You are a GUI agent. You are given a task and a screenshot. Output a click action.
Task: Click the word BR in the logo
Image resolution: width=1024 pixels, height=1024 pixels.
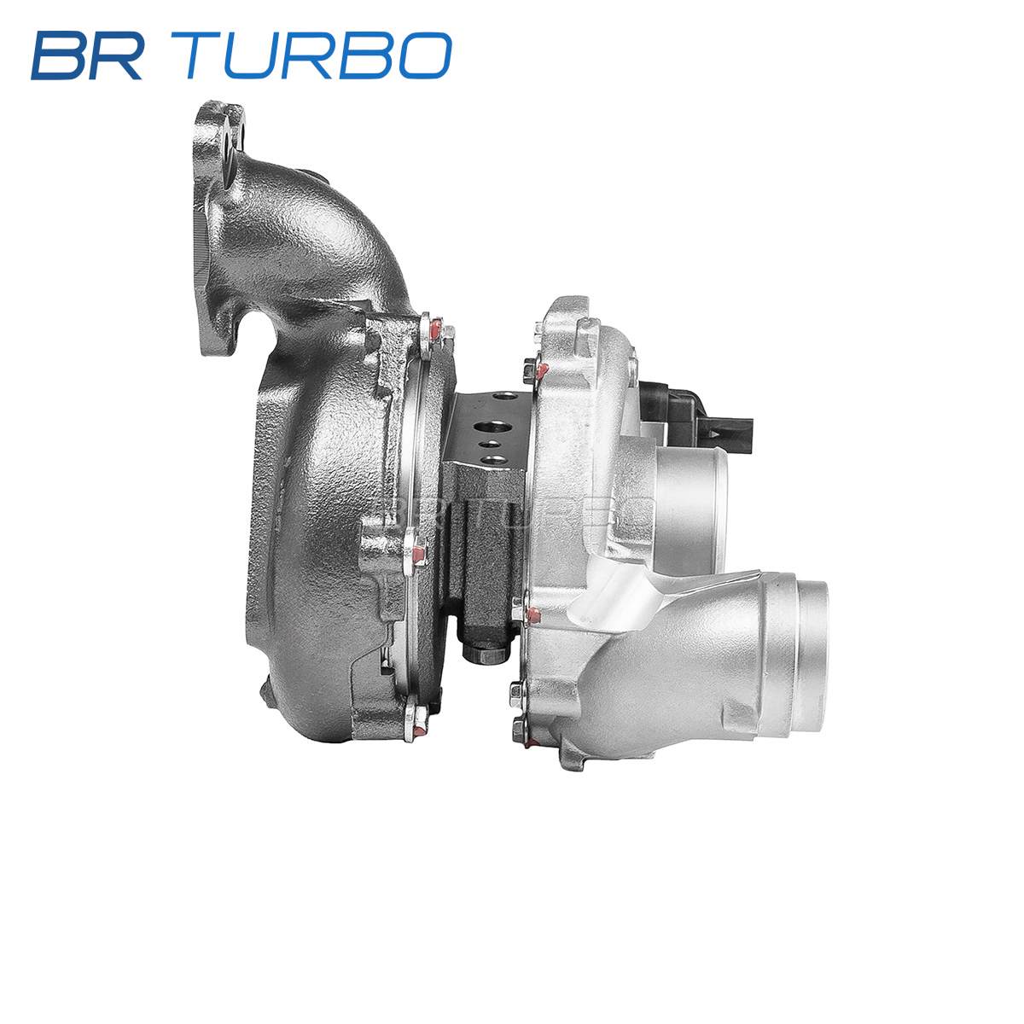(87, 55)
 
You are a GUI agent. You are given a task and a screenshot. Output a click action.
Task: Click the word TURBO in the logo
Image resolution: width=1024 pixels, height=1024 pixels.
(311, 55)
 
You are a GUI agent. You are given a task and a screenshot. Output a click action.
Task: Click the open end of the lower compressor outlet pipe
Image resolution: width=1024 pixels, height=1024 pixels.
(811, 655)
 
